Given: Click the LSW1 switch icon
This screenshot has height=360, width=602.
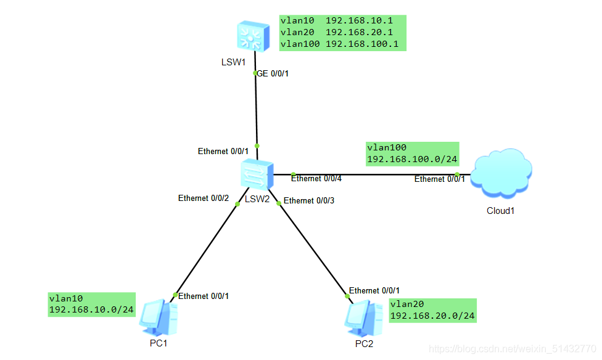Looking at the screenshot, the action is (254, 36).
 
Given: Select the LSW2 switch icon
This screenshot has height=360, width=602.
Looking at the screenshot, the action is (257, 174).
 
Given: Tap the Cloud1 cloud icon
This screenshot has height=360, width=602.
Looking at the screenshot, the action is (501, 173).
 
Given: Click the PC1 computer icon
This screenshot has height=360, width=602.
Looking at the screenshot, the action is (159, 318).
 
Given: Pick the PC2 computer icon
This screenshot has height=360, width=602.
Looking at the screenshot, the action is (363, 319).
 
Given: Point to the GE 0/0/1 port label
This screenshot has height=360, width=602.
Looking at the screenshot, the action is (273, 74).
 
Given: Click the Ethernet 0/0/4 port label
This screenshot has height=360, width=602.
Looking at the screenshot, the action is (316, 179).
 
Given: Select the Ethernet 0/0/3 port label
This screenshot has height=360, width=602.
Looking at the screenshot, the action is (309, 201).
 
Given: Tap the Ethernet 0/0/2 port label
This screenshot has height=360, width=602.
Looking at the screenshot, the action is (204, 198).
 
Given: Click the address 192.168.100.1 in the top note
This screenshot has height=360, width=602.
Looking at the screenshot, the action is (362, 44).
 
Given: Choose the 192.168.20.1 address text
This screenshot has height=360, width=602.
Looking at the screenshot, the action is (359, 32).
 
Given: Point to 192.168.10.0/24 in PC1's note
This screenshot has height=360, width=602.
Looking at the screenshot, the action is (91, 309).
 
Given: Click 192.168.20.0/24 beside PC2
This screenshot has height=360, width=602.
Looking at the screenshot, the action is (432, 316).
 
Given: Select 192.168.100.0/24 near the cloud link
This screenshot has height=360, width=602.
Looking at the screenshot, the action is (412, 159).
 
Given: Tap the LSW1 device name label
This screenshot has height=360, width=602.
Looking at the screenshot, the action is (233, 62).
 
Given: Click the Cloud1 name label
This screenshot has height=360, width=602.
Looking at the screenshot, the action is (500, 211).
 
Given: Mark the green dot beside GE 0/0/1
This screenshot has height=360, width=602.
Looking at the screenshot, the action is (255, 73).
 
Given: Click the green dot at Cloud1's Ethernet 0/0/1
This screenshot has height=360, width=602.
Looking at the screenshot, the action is (457, 174).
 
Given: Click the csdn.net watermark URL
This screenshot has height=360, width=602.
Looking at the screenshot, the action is (512, 348).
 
